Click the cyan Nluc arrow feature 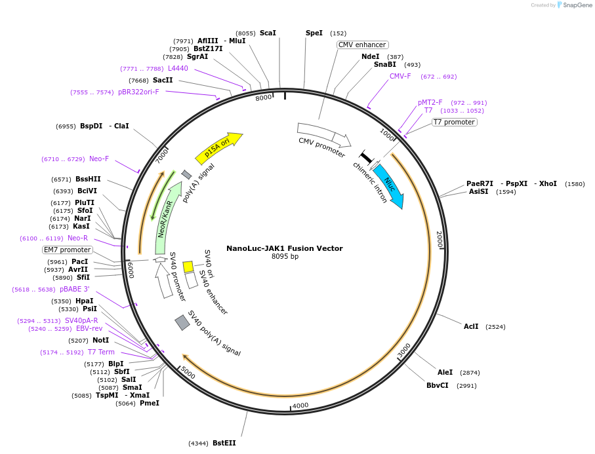click(388, 186)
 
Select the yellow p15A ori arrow click(218, 149)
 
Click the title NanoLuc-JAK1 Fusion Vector click(285, 248)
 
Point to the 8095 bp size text click(285, 256)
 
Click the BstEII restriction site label click(224, 444)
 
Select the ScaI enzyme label click(268, 33)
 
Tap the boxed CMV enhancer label click(362, 45)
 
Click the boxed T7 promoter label click(454, 122)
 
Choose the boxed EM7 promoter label click(68, 250)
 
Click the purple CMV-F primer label click(400, 76)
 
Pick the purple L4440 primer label click(178, 68)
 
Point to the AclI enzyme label click(471, 326)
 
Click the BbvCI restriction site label click(438, 385)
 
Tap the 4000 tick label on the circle click(300, 406)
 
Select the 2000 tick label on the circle click(440, 240)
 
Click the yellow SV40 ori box click(188, 267)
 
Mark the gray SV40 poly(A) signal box click(182, 322)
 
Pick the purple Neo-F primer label click(99, 159)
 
